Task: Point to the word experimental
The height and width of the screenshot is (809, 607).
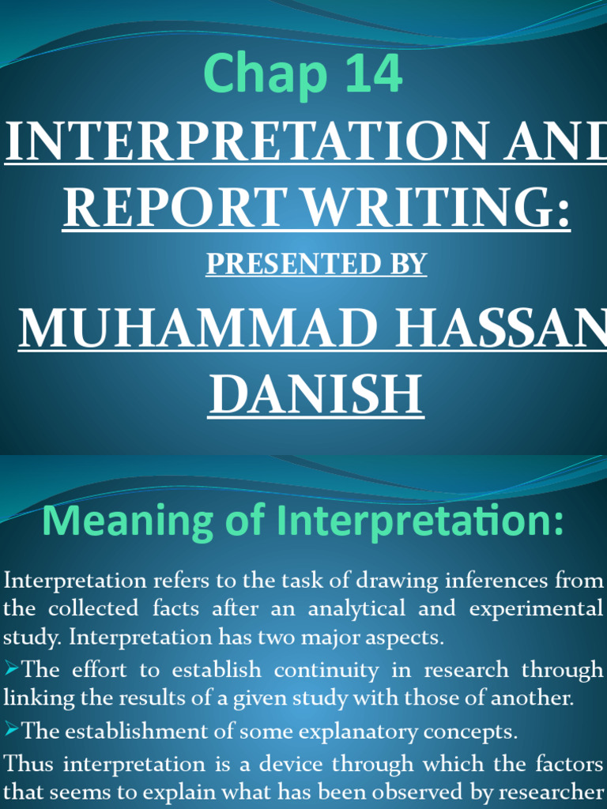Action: tap(535, 610)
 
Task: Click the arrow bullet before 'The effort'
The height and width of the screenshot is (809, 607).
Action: tap(12, 670)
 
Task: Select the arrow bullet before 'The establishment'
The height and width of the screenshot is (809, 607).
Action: tap(12, 731)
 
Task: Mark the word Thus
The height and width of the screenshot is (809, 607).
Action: tap(29, 764)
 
